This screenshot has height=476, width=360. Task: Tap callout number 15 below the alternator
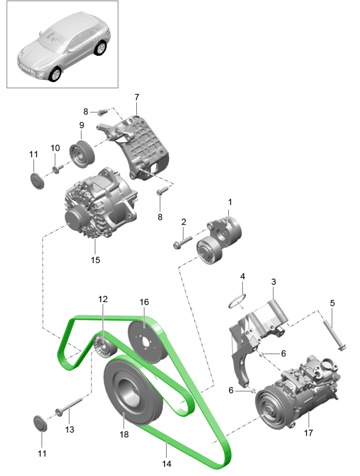click(x=95, y=260)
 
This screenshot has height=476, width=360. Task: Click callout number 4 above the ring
click(x=242, y=277)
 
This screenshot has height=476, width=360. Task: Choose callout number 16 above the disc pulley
click(x=144, y=302)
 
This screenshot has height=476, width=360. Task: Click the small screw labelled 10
click(x=58, y=169)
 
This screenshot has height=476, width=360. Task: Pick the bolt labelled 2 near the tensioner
click(x=179, y=243)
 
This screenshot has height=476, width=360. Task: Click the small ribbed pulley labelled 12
click(x=105, y=346)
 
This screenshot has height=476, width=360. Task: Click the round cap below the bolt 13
click(x=41, y=422)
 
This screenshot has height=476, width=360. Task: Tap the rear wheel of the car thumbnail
click(x=102, y=48)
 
